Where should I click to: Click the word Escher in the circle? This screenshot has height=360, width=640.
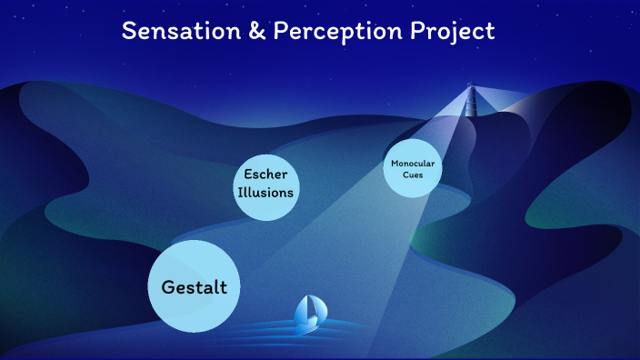[265, 174]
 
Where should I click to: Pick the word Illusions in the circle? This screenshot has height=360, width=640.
[265, 192]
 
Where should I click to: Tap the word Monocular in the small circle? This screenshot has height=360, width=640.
[412, 163]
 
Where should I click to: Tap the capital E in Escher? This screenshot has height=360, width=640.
[247, 174]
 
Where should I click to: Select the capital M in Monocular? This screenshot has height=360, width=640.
[395, 163]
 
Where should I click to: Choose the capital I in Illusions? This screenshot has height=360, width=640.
[240, 192]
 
